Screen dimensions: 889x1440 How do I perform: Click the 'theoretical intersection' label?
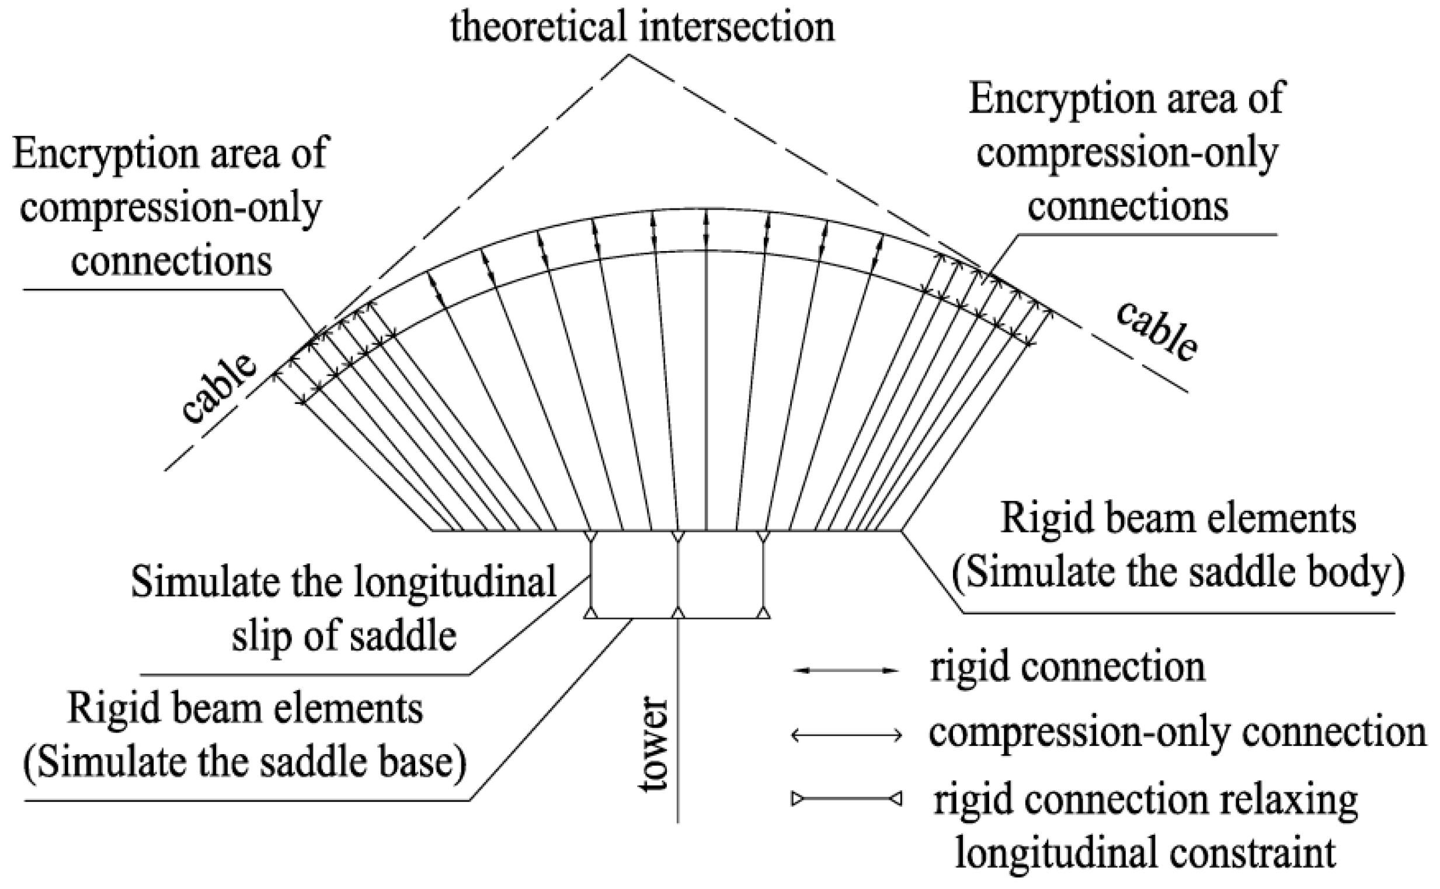642,27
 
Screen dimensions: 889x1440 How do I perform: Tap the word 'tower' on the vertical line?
655,744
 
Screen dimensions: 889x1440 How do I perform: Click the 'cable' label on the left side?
219,388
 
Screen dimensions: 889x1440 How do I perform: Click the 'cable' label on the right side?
1156,332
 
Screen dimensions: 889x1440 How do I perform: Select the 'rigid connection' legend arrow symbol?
846,670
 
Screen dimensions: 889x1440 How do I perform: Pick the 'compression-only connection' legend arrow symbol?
846,735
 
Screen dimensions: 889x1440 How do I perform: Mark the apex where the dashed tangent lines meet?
630,56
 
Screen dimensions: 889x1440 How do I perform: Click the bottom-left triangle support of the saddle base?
590,613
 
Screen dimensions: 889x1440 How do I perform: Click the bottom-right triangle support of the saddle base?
763,613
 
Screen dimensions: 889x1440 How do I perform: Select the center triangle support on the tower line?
678,613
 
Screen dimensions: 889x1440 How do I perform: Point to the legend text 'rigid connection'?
1067,668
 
